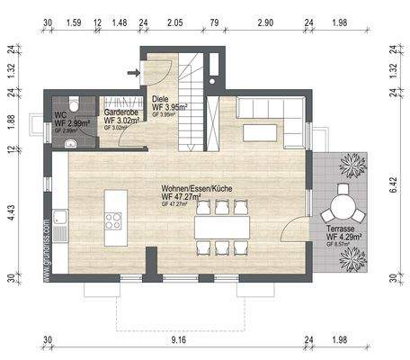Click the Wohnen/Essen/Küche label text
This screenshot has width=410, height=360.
[190, 187]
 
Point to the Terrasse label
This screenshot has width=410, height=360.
[339, 232]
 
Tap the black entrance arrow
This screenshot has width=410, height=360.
[134, 68]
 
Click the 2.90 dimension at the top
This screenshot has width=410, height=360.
[264, 20]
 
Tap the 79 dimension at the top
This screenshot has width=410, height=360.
[214, 20]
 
